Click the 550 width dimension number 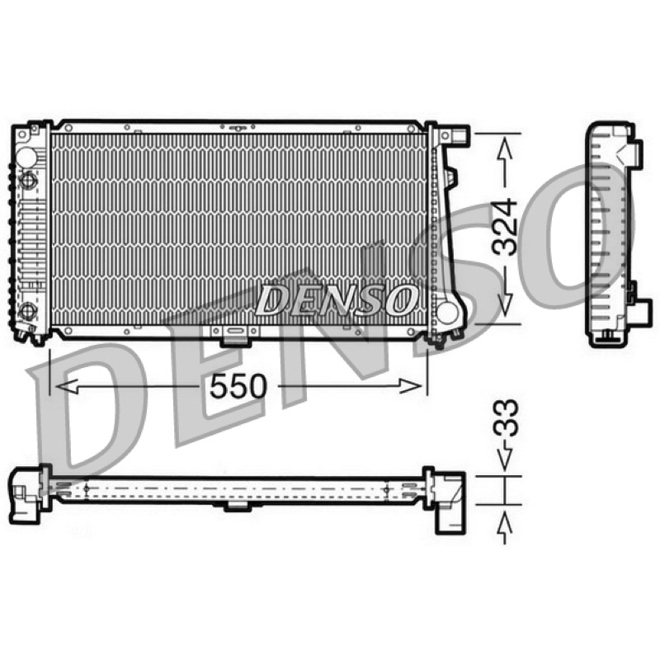tap(238, 386)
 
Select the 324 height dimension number tap(506, 228)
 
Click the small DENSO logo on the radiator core tap(336, 300)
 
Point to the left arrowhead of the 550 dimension tap(67, 386)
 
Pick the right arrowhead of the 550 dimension tap(410, 386)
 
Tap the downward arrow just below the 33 tap(505, 457)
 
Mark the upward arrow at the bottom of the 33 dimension tap(505, 528)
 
